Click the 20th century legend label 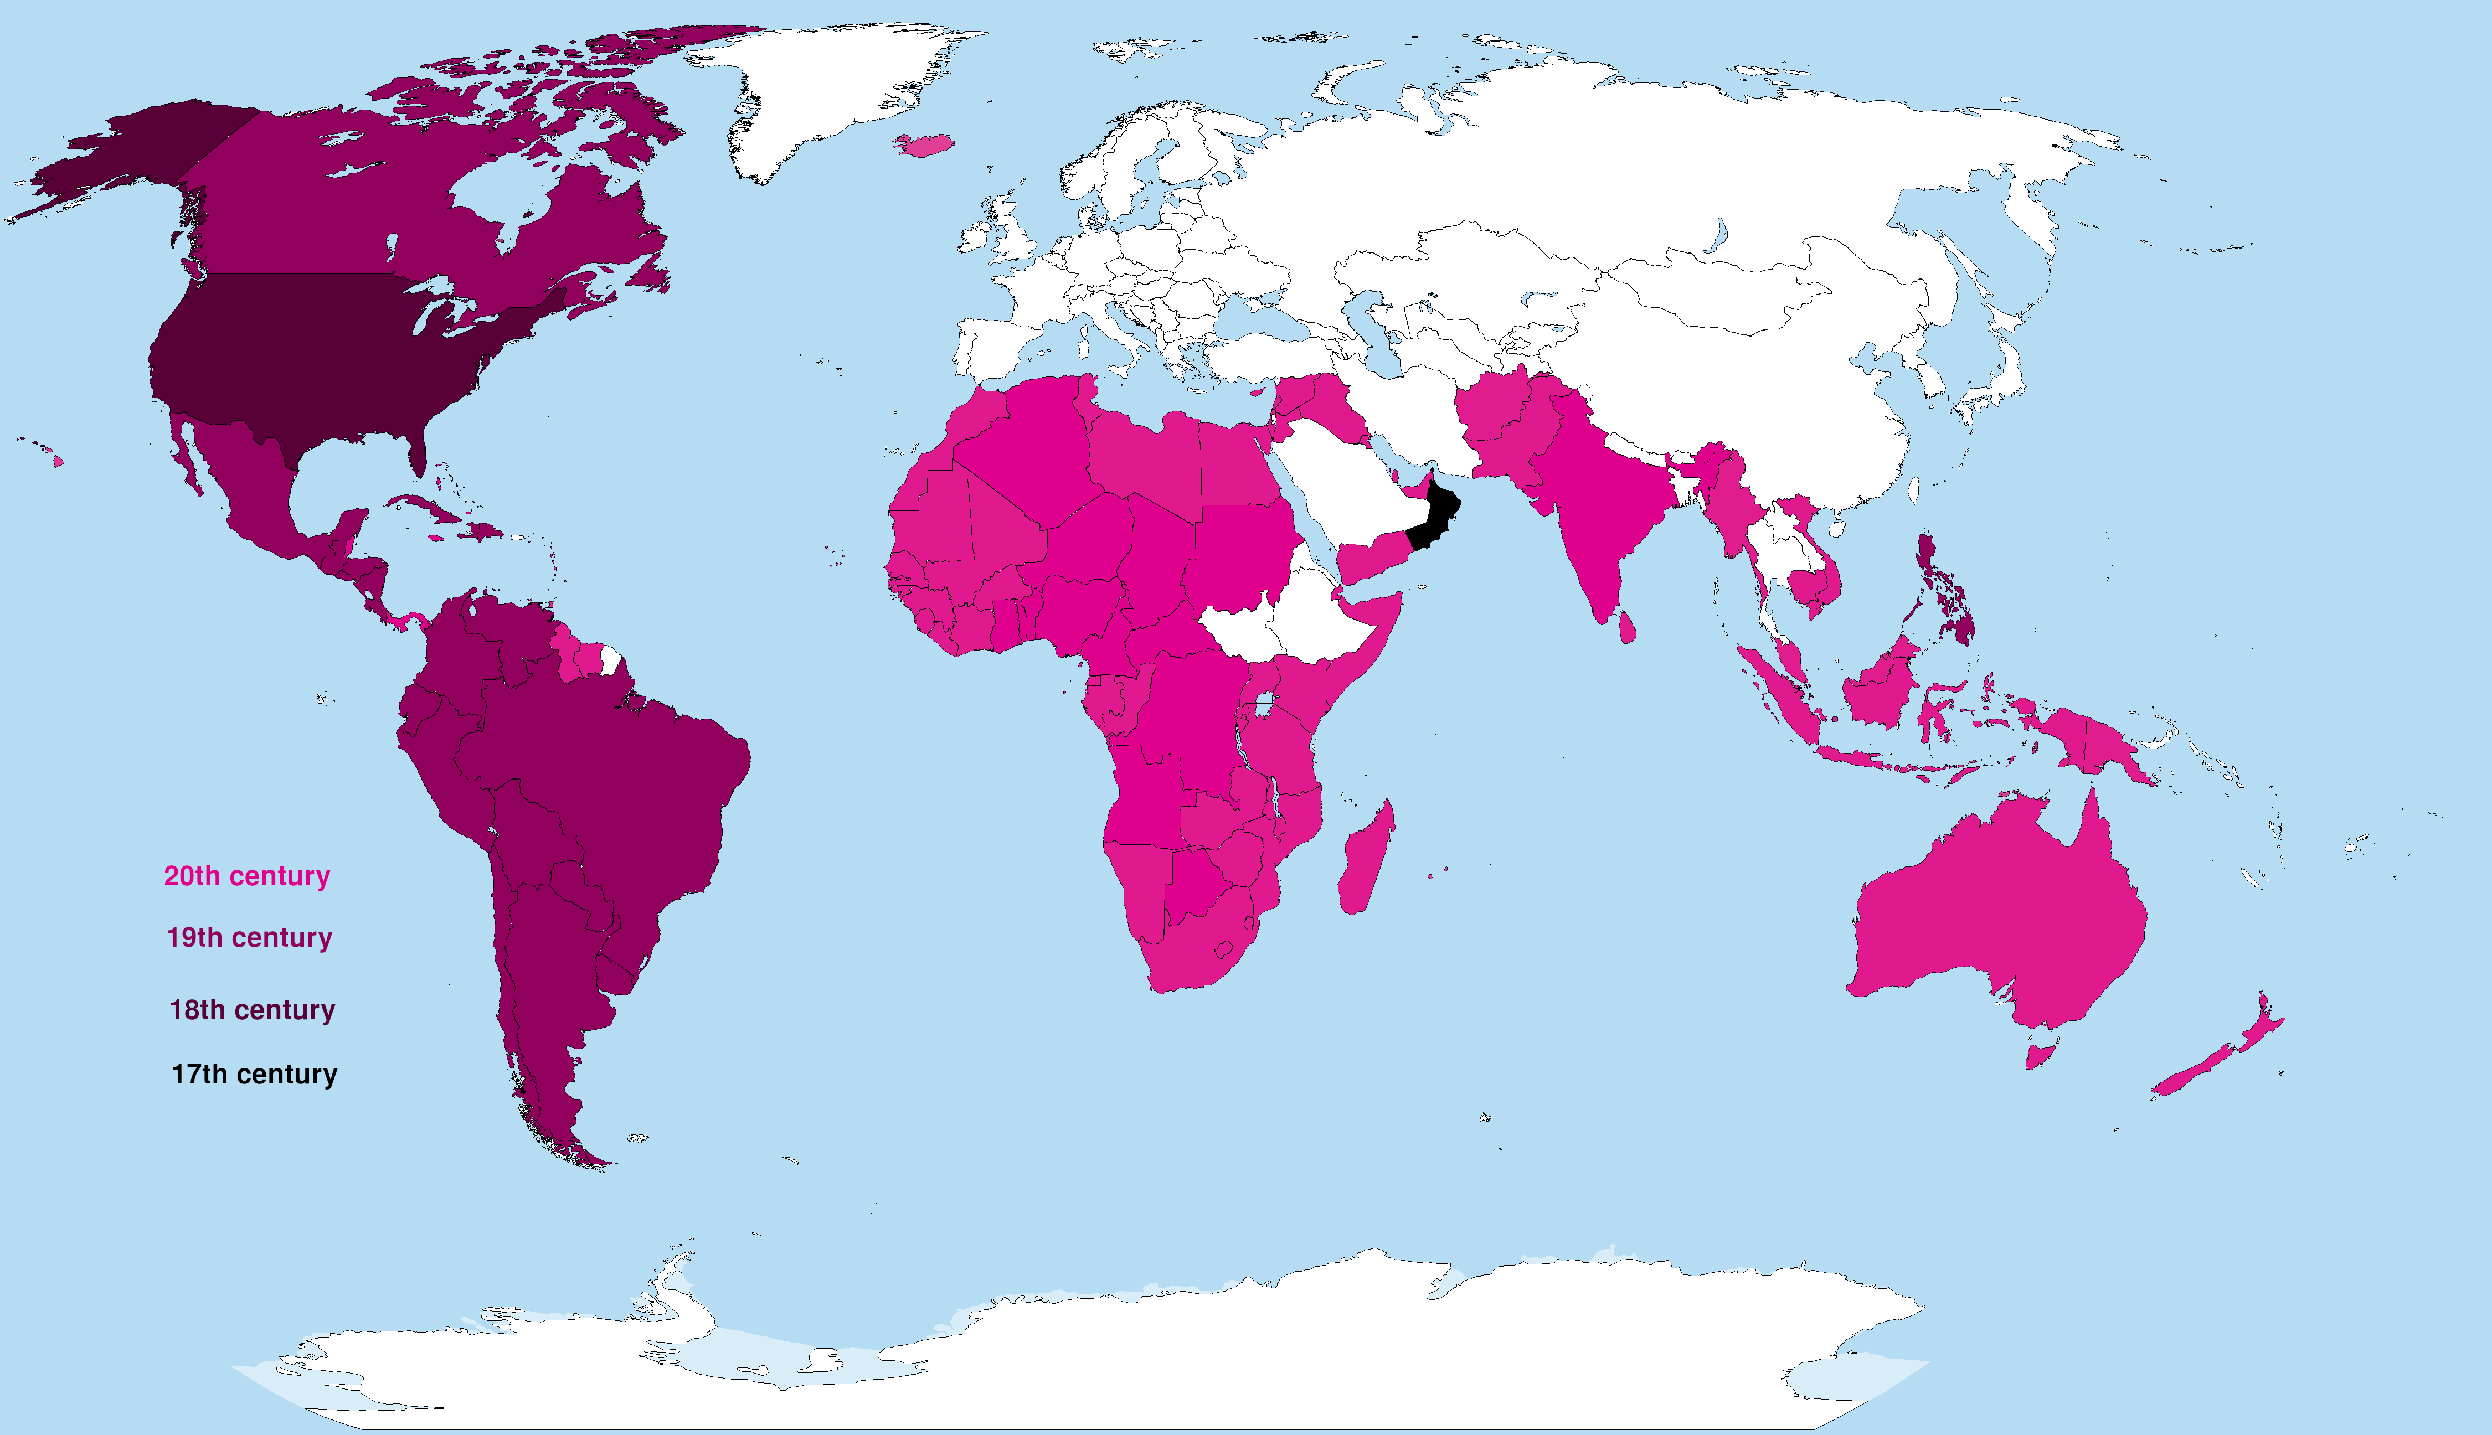[246, 876]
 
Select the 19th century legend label [249, 937]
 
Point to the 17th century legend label [254, 1074]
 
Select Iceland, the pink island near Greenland [925, 146]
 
